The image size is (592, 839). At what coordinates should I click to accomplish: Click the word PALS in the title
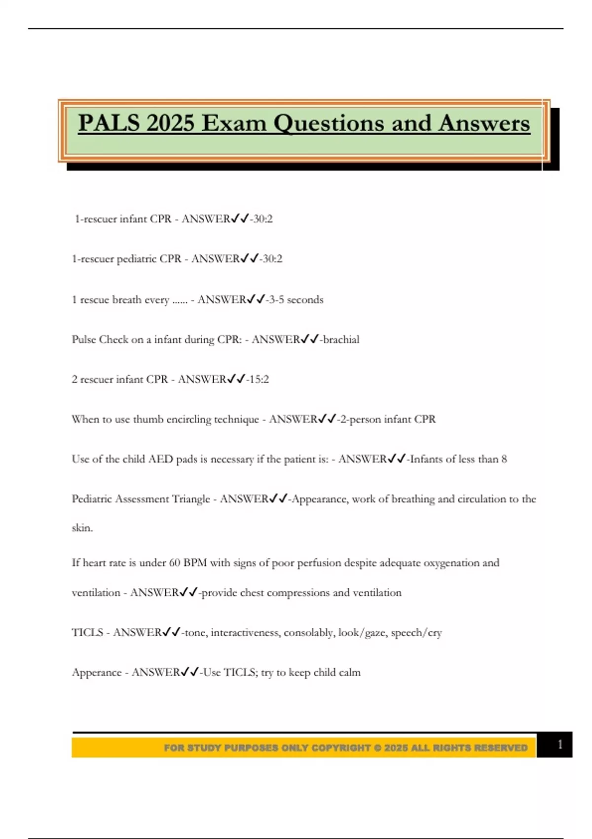[109, 123]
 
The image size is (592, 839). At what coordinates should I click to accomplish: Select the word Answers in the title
[484, 123]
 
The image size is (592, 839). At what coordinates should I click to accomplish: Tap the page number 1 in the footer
[559, 744]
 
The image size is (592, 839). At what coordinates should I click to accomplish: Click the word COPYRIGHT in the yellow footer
[341, 748]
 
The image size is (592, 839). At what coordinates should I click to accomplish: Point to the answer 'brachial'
[341, 340]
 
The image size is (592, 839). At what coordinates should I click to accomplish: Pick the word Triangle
[191, 499]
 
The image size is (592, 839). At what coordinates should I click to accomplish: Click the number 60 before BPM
[175, 563]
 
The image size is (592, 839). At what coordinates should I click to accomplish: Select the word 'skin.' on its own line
[82, 528]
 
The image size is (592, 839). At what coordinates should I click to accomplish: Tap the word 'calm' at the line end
[349, 673]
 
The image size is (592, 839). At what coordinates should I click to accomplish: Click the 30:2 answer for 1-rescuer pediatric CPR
[272, 259]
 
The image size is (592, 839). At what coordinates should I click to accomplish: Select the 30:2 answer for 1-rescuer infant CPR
[262, 219]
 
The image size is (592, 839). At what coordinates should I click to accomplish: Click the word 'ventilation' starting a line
[96, 593]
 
